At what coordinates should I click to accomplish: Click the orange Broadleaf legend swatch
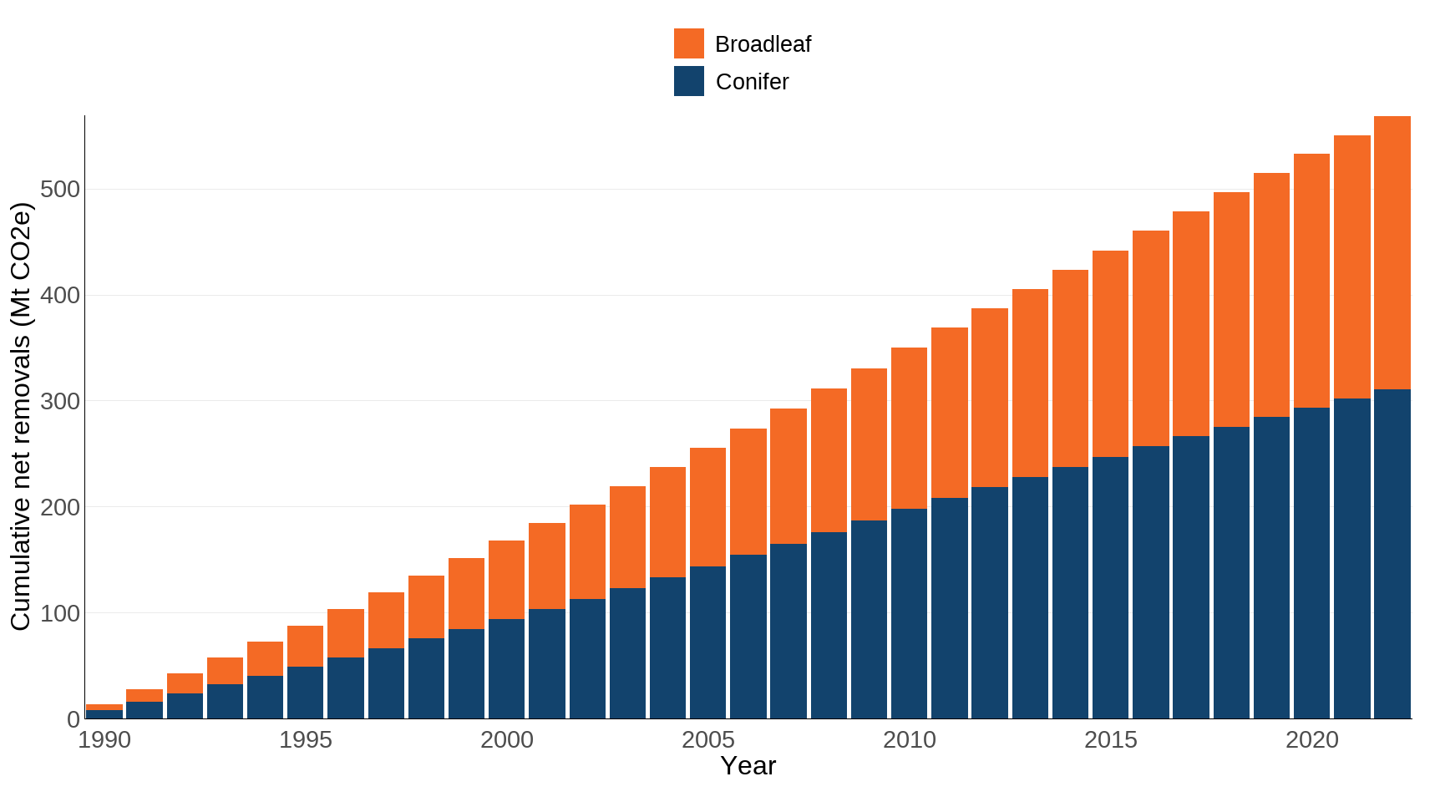tap(688, 43)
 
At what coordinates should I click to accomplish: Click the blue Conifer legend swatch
tap(688, 81)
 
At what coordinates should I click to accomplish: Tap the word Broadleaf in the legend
tap(763, 44)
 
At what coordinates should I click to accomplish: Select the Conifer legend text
tap(752, 82)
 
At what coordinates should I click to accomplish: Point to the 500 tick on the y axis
tap(60, 190)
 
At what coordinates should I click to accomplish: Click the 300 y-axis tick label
tap(60, 402)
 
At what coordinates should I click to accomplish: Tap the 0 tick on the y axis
tap(74, 719)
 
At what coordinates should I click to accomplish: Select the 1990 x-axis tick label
tap(104, 740)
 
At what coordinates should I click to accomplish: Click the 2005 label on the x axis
tap(707, 740)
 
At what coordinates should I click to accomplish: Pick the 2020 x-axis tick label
tap(1311, 740)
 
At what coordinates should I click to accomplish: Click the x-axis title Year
tap(748, 766)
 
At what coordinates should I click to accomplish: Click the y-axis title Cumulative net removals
tap(20, 416)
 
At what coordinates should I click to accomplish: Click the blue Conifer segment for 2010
tap(909, 613)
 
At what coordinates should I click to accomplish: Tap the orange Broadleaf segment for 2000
tap(506, 580)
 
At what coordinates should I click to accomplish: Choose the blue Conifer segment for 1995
tap(305, 693)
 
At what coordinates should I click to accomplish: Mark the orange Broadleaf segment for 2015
tap(1110, 353)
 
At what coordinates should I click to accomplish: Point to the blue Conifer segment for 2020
tap(1311, 563)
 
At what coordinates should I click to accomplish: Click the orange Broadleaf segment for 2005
tap(707, 507)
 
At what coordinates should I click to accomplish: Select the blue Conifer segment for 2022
tap(1392, 554)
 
